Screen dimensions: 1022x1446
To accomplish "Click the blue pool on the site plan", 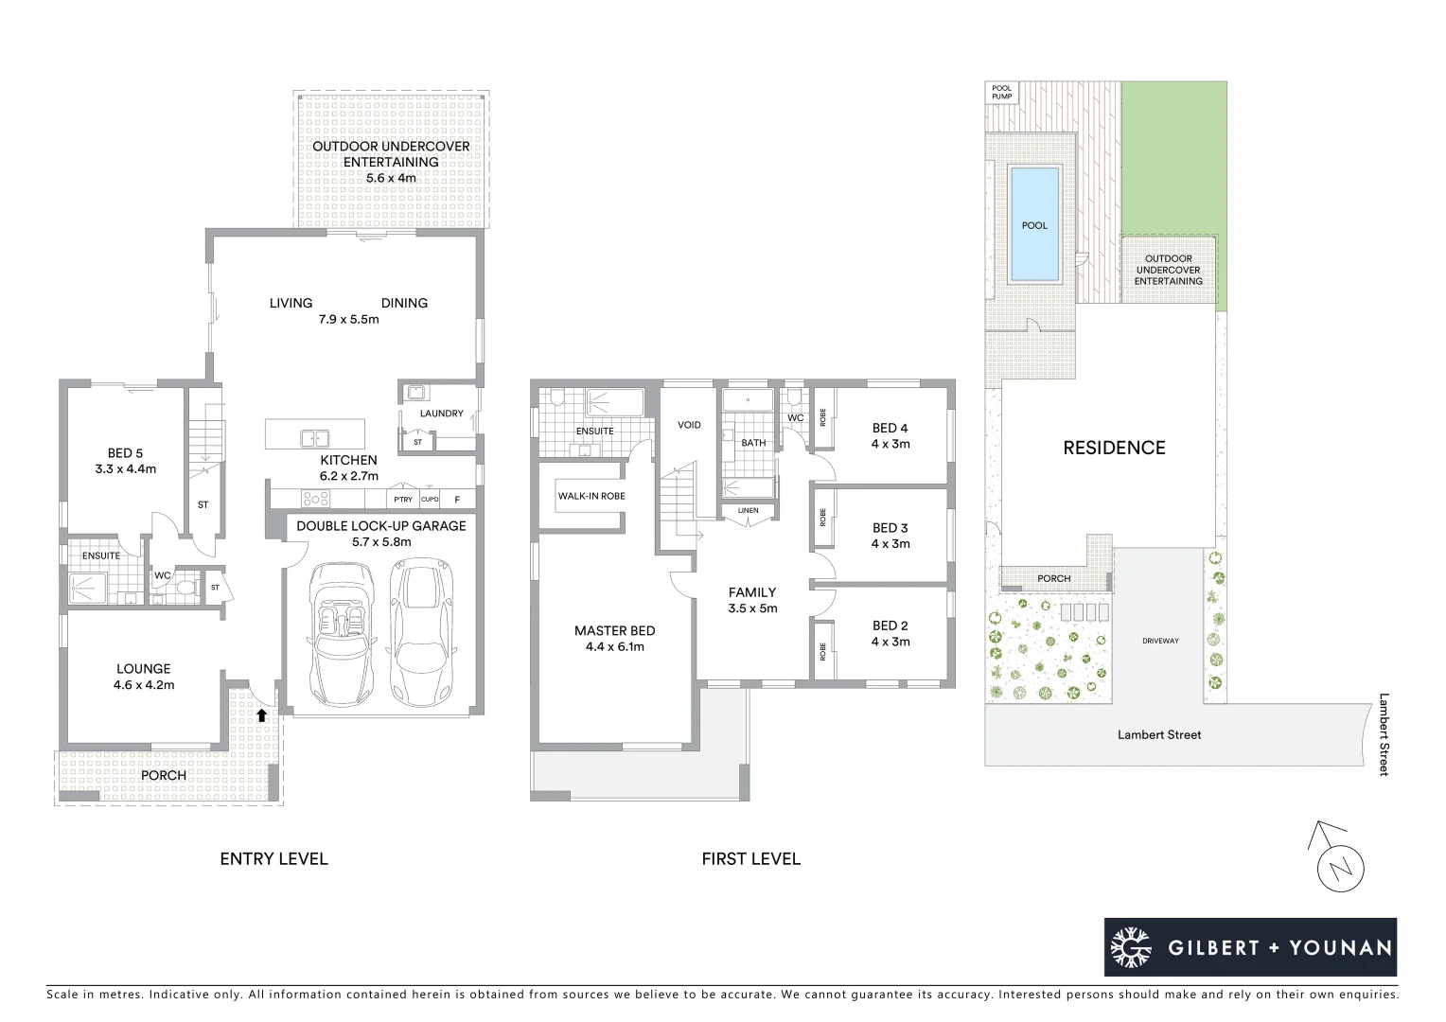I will click(1033, 224).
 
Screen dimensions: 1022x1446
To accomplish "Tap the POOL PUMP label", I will click(1001, 92).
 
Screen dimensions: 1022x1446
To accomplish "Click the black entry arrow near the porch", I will click(261, 716).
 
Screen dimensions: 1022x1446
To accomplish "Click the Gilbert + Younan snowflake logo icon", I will click(1130, 947).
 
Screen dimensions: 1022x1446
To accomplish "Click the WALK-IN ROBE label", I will click(591, 496).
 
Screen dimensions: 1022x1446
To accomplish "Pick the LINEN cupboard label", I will click(748, 511).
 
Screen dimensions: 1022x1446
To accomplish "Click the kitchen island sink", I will click(314, 438).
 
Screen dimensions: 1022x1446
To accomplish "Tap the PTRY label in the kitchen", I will click(403, 500).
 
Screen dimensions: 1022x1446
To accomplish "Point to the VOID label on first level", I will click(689, 425).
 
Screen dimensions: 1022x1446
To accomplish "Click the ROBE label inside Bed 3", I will click(823, 518).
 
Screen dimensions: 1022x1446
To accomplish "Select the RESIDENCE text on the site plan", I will click(1114, 448).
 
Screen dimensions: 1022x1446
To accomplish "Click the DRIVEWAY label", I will click(1160, 642).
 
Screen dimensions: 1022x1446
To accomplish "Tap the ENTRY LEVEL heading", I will click(273, 859).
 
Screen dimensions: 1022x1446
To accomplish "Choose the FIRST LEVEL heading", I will click(750, 859).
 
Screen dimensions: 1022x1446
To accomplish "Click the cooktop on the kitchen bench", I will click(315, 499).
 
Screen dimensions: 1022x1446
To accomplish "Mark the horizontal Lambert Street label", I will click(1158, 735).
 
